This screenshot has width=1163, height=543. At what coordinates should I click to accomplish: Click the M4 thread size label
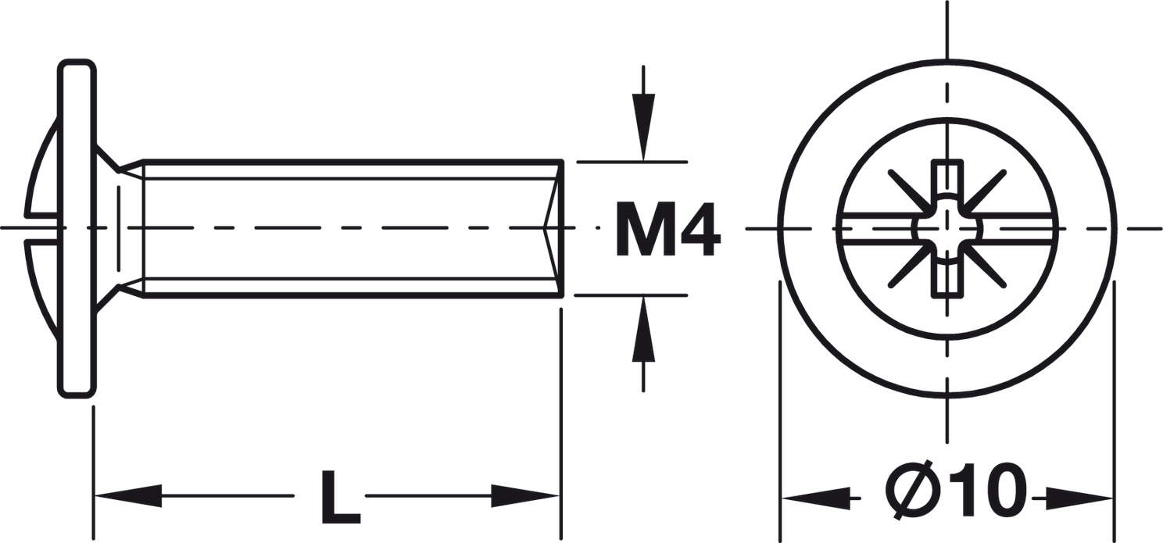667,230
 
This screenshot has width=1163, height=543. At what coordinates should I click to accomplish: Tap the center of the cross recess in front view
948,229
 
